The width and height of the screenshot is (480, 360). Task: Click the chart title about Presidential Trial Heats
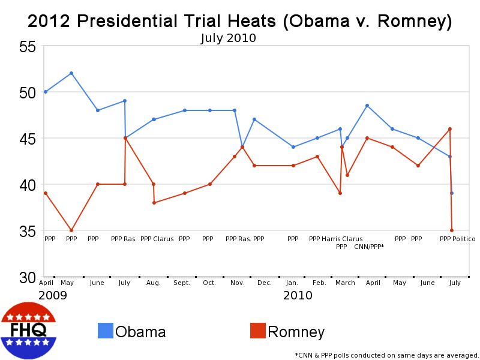(x=240, y=22)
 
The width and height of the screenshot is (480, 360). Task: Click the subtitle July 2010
(x=228, y=38)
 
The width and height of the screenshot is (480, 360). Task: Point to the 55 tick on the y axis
(x=28, y=47)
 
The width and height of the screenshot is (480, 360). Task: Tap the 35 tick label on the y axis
(x=28, y=231)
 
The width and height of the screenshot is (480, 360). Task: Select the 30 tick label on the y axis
(x=28, y=277)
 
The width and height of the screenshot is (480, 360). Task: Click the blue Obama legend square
(x=105, y=331)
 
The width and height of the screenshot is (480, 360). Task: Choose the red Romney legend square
(x=257, y=331)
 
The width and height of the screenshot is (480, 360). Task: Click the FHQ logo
(x=29, y=331)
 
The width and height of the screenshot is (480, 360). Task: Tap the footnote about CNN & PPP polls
(x=386, y=355)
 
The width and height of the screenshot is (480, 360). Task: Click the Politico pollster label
(x=464, y=239)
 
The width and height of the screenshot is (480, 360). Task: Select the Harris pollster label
(x=331, y=239)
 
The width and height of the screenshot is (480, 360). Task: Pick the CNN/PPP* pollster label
(x=369, y=247)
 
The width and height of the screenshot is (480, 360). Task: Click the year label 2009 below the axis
(x=52, y=295)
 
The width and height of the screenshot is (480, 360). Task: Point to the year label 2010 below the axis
(x=298, y=295)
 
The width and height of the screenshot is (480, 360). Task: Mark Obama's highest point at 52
(x=71, y=73)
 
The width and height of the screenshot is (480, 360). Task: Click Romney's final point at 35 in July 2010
(x=452, y=230)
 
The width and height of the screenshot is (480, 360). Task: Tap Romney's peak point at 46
(x=450, y=129)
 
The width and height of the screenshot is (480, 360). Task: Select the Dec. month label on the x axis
(x=264, y=283)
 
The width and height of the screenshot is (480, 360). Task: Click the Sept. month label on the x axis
(x=182, y=283)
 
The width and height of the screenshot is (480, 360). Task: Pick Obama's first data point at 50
(x=46, y=92)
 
